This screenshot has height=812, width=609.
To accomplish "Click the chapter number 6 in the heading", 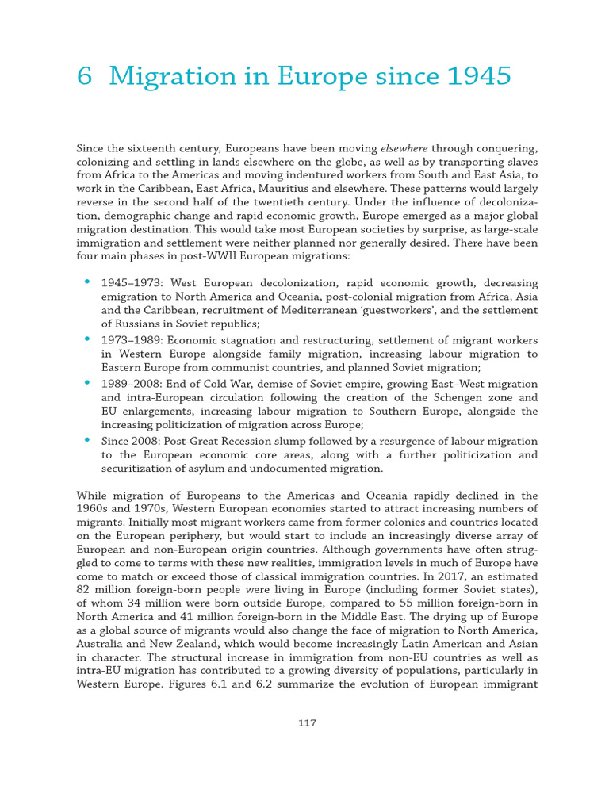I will tap(84, 77).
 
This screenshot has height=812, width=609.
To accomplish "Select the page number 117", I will tap(307, 722).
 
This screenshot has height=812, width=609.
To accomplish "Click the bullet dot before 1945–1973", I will tap(86, 282).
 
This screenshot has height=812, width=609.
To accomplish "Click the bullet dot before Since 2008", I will tap(86, 439).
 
